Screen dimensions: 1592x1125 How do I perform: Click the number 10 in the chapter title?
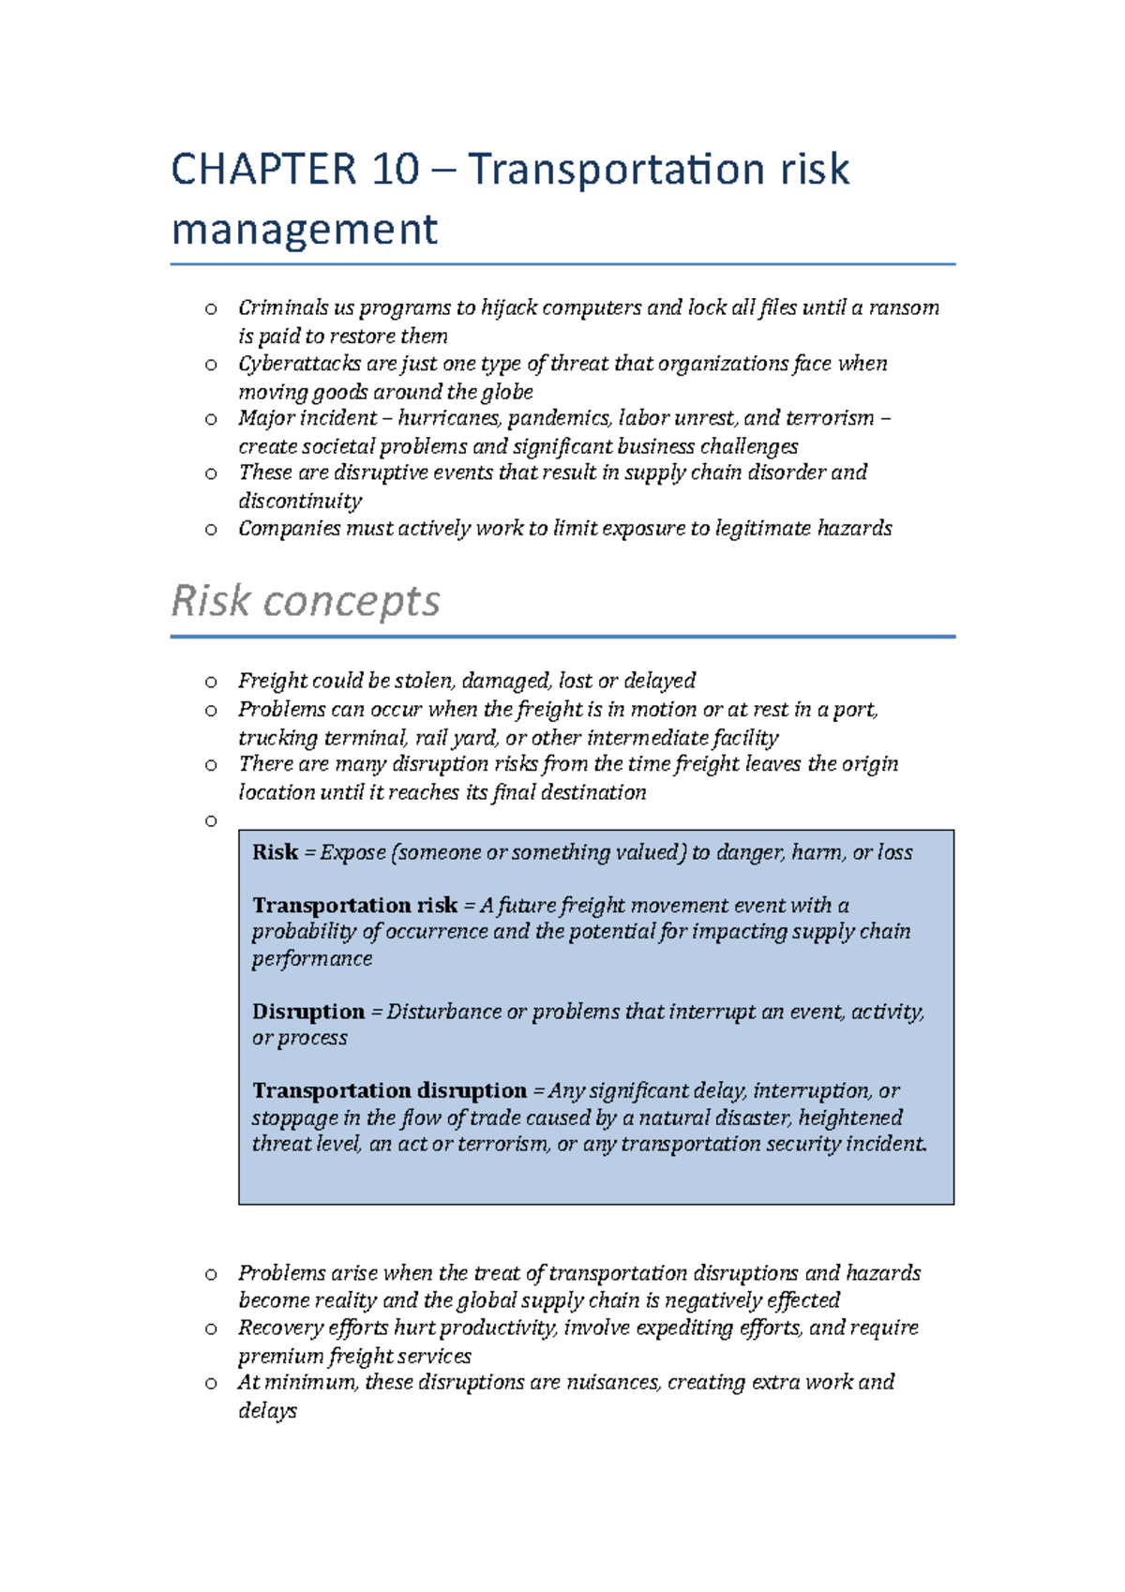(x=395, y=170)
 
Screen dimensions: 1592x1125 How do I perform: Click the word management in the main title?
(x=305, y=230)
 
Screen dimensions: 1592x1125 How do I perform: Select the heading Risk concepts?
(x=306, y=601)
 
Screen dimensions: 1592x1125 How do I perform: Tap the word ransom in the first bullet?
(x=904, y=308)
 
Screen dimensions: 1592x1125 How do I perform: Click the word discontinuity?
(x=300, y=501)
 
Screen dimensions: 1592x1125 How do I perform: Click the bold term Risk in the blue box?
(x=275, y=852)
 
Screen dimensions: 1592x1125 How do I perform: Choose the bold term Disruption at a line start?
(x=308, y=1012)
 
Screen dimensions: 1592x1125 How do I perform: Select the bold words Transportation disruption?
(x=389, y=1090)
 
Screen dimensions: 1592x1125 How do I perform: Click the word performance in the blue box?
(x=312, y=958)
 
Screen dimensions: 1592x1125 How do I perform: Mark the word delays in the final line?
(x=267, y=1410)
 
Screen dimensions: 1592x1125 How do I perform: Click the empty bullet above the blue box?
(x=211, y=821)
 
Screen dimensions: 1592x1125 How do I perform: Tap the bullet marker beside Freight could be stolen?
(x=211, y=682)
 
